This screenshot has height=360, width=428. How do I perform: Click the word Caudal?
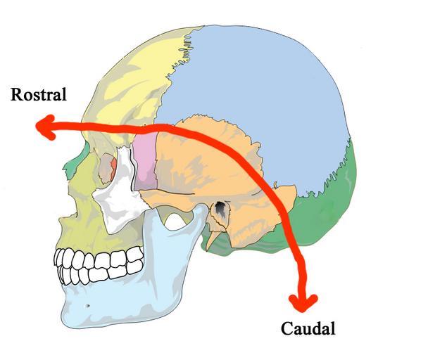coord(308,328)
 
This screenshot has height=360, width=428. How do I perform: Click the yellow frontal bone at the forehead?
coord(134,77)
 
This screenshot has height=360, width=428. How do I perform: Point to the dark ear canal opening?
coord(221,209)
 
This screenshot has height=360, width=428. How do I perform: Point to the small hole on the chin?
coord(87,307)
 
